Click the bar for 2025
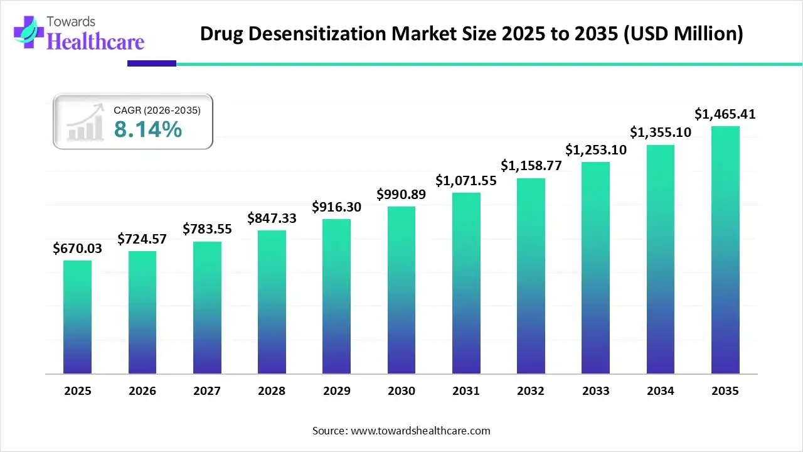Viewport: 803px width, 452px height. (77, 317)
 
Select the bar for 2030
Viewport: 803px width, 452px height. (401, 290)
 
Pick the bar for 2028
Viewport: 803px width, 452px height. (272, 302)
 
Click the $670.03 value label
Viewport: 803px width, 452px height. (77, 249)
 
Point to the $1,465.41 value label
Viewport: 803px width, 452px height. (725, 114)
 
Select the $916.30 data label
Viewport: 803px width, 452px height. (337, 207)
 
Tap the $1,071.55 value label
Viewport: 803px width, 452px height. (466, 181)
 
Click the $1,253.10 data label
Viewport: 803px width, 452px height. (596, 150)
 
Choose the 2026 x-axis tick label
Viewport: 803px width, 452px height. (142, 391)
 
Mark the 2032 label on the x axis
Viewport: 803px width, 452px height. (531, 391)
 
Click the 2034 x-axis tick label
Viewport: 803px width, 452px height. (661, 391)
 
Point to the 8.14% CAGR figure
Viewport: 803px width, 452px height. (148, 130)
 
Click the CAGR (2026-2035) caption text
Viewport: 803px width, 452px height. (157, 110)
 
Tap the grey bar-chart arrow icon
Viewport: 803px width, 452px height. (85, 123)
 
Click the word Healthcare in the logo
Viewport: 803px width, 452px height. (96, 41)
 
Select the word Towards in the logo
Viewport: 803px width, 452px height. (71, 22)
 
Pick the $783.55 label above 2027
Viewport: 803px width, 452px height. (207, 229)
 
